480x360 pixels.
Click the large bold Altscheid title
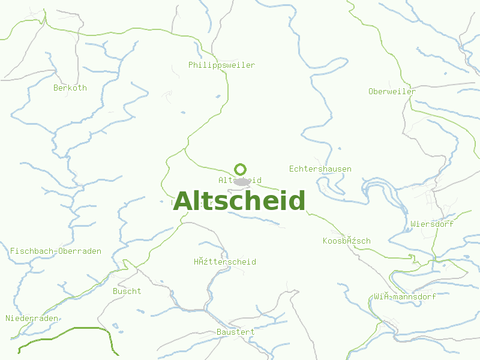pyautogui.click(x=239, y=201)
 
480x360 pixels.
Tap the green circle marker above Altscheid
pyautogui.click(x=241, y=169)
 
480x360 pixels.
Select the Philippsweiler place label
pyautogui.click(x=221, y=65)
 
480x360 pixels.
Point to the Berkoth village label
pyautogui.click(x=70, y=88)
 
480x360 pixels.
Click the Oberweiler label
pyautogui.click(x=391, y=91)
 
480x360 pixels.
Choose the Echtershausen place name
pyautogui.click(x=320, y=169)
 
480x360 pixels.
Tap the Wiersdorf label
pyautogui.click(x=432, y=224)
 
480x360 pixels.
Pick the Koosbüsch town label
pyautogui.click(x=346, y=241)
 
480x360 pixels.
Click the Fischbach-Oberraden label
pyautogui.click(x=56, y=251)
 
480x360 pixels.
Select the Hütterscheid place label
pyautogui.click(x=224, y=262)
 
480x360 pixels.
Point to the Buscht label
pyautogui.click(x=127, y=291)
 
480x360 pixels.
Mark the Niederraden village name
pyautogui.click(x=32, y=318)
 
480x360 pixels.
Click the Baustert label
pyautogui.click(x=235, y=332)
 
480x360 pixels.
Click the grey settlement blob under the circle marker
pyautogui.click(x=242, y=182)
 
